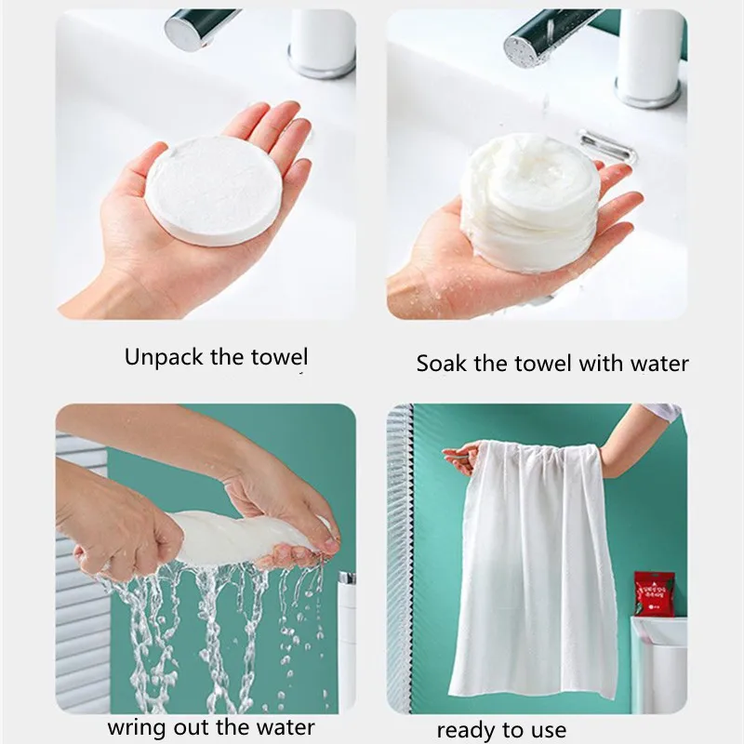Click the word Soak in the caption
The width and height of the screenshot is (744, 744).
pos(443,364)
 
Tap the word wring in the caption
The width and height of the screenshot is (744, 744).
pos(137,727)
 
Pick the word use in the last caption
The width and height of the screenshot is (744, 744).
pos(549,731)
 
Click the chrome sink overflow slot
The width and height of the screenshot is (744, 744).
pos(606,146)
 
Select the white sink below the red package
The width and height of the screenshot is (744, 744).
pos(658,664)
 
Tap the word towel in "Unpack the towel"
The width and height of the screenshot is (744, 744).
pos(280,357)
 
